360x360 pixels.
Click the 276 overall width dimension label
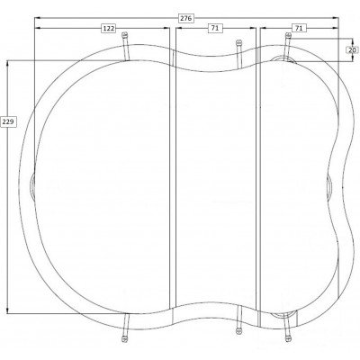(185, 18)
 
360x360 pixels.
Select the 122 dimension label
(109, 28)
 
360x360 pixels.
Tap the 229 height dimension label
(8, 121)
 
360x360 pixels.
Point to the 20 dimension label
(353, 50)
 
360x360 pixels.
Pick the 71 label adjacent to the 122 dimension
(215, 28)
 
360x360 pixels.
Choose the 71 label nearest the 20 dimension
(299, 28)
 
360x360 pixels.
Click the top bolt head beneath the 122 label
(125, 35)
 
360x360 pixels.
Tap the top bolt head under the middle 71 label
(238, 42)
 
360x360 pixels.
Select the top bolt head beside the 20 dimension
(288, 35)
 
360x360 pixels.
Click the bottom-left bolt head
(124, 339)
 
